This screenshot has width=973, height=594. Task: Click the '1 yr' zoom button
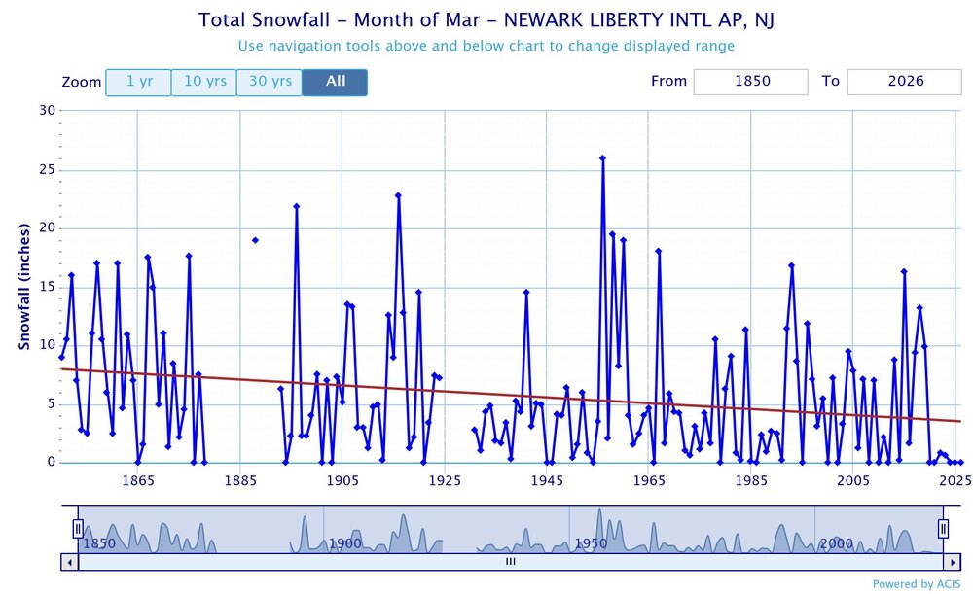point(138,83)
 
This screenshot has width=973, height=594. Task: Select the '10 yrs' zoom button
point(205,83)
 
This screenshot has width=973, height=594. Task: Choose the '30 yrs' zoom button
point(270,83)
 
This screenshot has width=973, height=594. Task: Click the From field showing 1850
point(750,82)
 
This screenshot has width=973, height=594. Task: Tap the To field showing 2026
point(905,82)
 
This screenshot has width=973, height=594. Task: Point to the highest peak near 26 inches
point(602,157)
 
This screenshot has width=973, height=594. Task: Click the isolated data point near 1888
point(255,240)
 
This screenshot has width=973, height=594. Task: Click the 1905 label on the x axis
point(342,480)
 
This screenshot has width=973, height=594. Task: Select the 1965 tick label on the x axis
point(648,480)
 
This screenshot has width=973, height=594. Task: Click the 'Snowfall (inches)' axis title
point(24,287)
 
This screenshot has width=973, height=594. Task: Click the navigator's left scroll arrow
point(69,561)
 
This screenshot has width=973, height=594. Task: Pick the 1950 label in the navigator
point(591,542)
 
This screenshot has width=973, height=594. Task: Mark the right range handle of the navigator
point(943,528)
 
